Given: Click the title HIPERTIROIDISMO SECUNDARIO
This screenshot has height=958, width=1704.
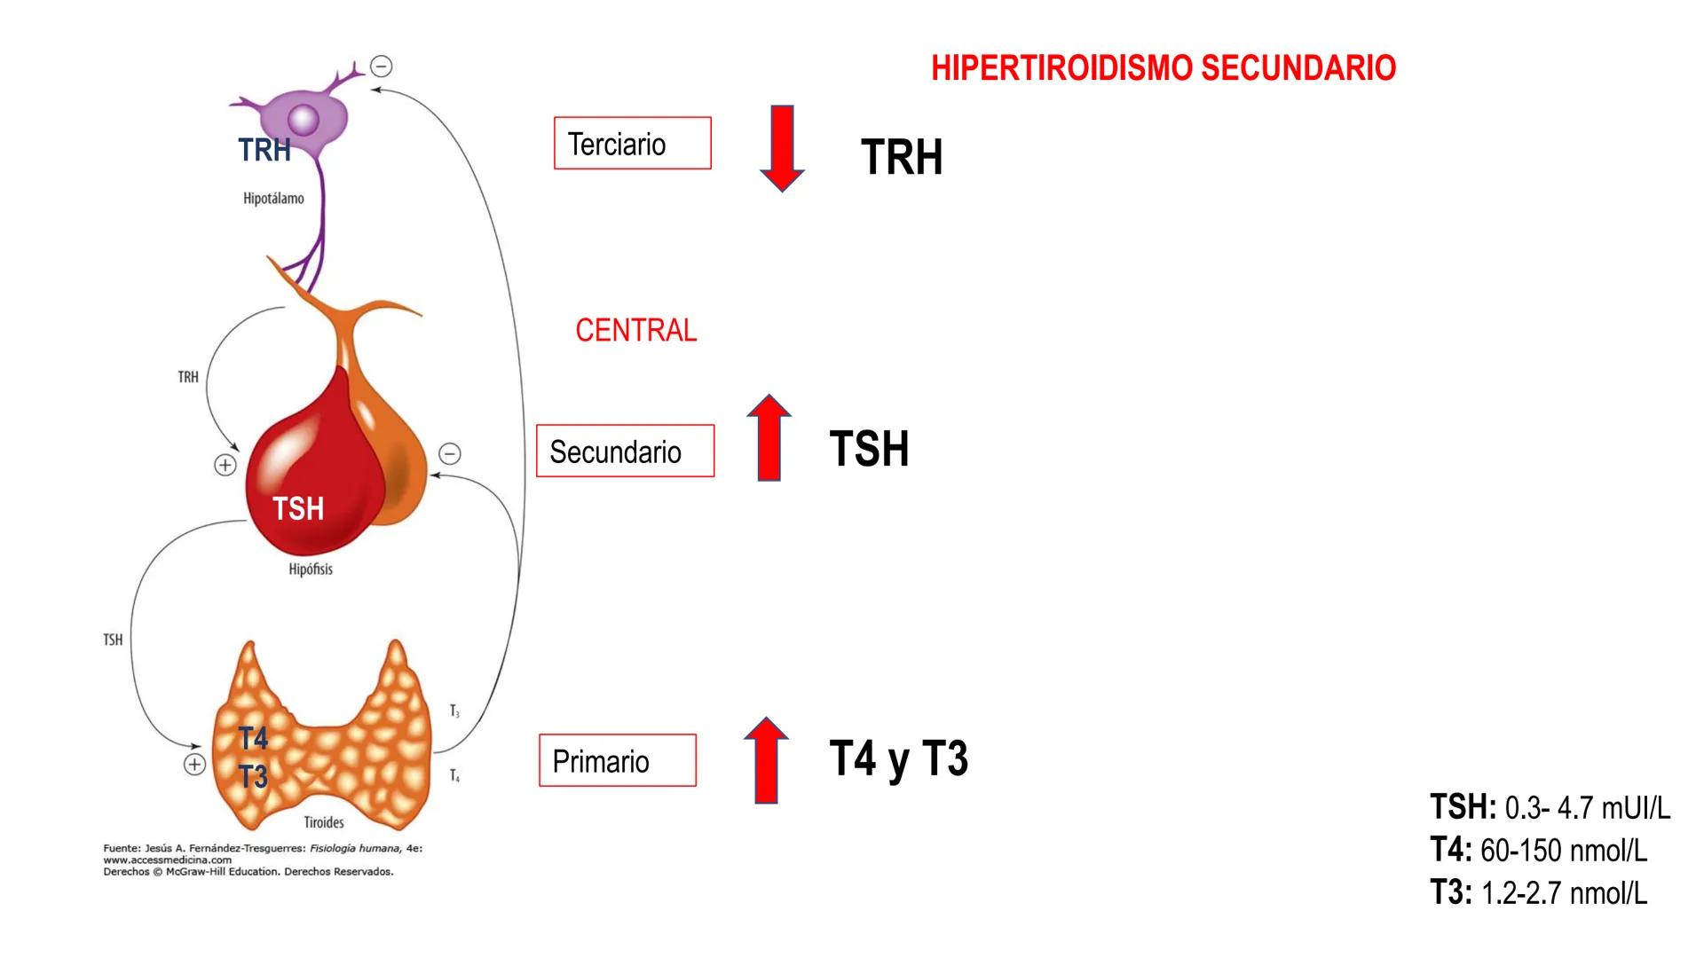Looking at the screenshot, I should click(x=1163, y=68).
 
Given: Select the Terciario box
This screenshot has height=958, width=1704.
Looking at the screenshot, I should click(x=632, y=144).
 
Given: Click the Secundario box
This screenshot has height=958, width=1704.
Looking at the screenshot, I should click(x=625, y=452).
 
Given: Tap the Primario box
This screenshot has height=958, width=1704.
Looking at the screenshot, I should click(x=618, y=761).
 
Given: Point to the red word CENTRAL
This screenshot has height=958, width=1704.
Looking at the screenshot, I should click(x=635, y=330).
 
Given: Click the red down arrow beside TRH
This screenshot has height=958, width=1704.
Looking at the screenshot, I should click(x=782, y=148).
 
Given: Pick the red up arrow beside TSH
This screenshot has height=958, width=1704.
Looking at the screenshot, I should click(x=769, y=438).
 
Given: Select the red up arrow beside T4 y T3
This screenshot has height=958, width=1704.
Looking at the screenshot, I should click(x=766, y=760).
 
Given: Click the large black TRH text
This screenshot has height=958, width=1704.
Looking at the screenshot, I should click(x=901, y=157).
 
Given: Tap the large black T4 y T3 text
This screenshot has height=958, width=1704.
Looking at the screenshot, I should click(x=898, y=759).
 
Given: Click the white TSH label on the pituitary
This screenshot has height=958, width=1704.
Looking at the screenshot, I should click(x=298, y=509).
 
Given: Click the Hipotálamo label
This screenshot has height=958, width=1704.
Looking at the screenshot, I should click(x=273, y=199).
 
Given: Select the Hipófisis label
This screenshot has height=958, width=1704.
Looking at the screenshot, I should click(x=311, y=569).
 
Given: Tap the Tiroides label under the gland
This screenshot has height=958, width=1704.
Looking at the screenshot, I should click(x=323, y=822).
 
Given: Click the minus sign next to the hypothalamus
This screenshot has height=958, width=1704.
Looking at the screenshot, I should click(x=382, y=67).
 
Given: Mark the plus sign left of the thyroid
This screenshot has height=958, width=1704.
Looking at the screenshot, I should click(x=194, y=765).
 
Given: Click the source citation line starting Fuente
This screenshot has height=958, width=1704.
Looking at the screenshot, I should click(x=263, y=849).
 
